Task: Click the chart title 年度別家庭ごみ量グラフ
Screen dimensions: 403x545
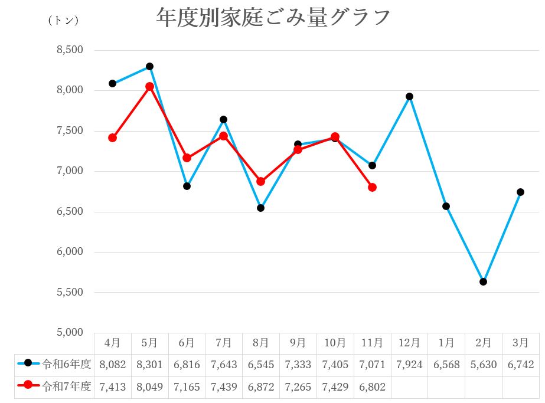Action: tap(273, 17)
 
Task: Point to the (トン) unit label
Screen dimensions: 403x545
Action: tap(63, 20)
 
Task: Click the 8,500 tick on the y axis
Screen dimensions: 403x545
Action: tap(70, 50)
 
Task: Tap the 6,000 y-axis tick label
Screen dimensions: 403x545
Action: tap(70, 252)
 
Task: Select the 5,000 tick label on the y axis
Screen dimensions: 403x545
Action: tap(70, 332)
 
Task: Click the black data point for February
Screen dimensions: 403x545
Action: tap(483, 281)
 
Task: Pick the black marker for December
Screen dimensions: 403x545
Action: tap(409, 96)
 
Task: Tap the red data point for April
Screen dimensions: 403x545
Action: tap(112, 137)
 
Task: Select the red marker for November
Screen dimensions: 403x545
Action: tap(372, 187)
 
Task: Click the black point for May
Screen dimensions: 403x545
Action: tap(149, 66)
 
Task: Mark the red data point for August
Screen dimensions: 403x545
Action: tap(260, 181)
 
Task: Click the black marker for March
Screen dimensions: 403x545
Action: tap(520, 192)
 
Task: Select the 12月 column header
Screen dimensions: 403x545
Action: tap(409, 343)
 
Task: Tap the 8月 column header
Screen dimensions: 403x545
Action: tap(260, 343)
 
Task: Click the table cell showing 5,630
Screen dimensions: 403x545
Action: tap(483, 365)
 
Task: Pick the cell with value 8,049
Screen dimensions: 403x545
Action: tap(149, 387)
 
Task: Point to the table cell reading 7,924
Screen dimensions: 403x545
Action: tap(409, 365)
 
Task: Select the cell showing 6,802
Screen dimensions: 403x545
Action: tap(372, 387)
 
